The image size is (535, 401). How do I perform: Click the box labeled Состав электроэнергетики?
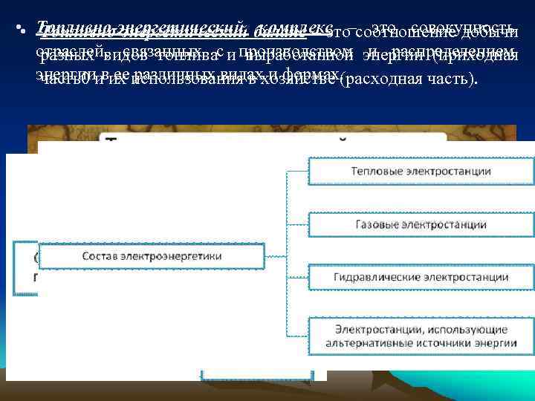[x=152, y=257]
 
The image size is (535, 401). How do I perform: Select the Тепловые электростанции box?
[x=421, y=172]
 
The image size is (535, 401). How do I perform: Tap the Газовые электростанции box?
[x=421, y=223]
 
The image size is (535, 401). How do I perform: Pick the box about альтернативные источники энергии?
[x=421, y=336]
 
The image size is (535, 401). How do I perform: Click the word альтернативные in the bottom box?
[x=370, y=342]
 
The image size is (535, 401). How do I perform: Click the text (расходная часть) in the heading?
[x=406, y=79]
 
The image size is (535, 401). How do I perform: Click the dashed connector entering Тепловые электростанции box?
[x=297, y=172]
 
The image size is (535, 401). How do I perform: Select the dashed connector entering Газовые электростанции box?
[x=297, y=223]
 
